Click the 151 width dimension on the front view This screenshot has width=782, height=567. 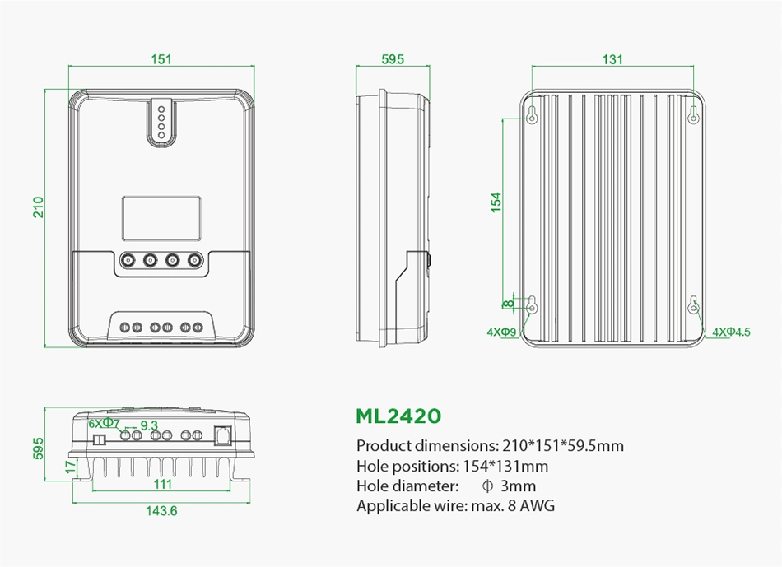point(161,59)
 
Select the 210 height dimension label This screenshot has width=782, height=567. point(39,207)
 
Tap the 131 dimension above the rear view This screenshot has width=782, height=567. point(612,59)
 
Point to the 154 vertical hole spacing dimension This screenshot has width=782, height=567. point(496,202)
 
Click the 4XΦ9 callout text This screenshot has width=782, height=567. point(502,332)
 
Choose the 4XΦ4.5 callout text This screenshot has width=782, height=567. point(731,332)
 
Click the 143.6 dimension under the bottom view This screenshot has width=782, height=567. point(161,511)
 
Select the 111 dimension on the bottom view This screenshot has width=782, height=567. point(163,483)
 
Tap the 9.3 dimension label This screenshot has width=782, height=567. point(149,425)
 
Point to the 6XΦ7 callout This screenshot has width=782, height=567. point(105,423)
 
